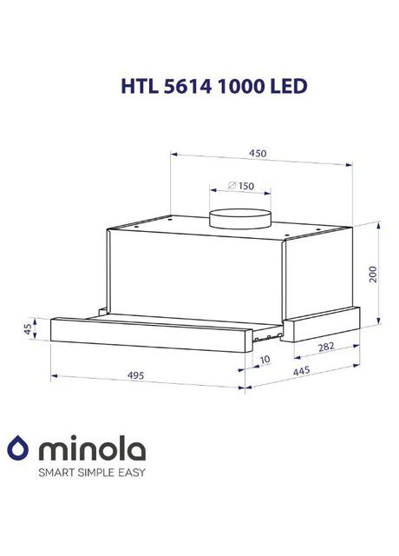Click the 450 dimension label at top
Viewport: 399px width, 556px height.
click(258, 153)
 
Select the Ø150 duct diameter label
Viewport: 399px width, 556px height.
click(240, 185)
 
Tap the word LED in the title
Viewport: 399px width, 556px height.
click(287, 87)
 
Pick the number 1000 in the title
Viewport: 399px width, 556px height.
click(240, 87)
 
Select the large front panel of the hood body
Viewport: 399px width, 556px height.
click(195, 269)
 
